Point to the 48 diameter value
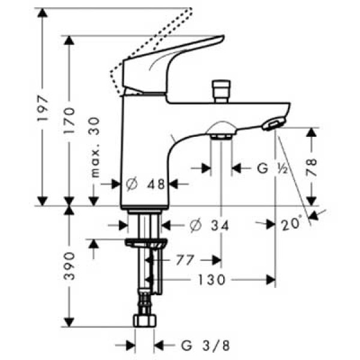pyautogui.click(x=156, y=185)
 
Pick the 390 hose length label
pyautogui.click(x=70, y=264)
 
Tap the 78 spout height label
pyautogui.click(x=311, y=166)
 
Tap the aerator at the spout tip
pyautogui.click(x=273, y=124)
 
